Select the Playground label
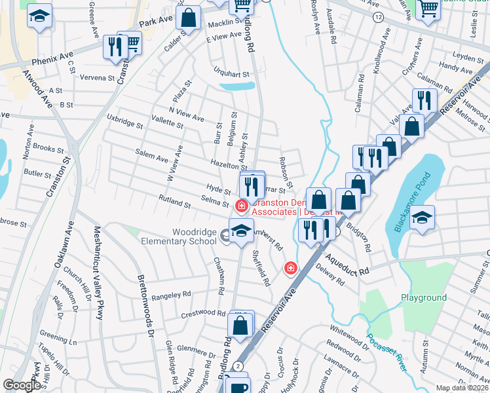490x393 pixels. [424, 298]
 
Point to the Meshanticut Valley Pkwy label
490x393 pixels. [98, 272]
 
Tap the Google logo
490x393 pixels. [22, 385]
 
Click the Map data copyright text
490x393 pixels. [462, 388]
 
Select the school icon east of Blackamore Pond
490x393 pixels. [422, 218]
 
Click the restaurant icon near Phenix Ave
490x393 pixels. [113, 47]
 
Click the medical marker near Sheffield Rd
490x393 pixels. [290, 267]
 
